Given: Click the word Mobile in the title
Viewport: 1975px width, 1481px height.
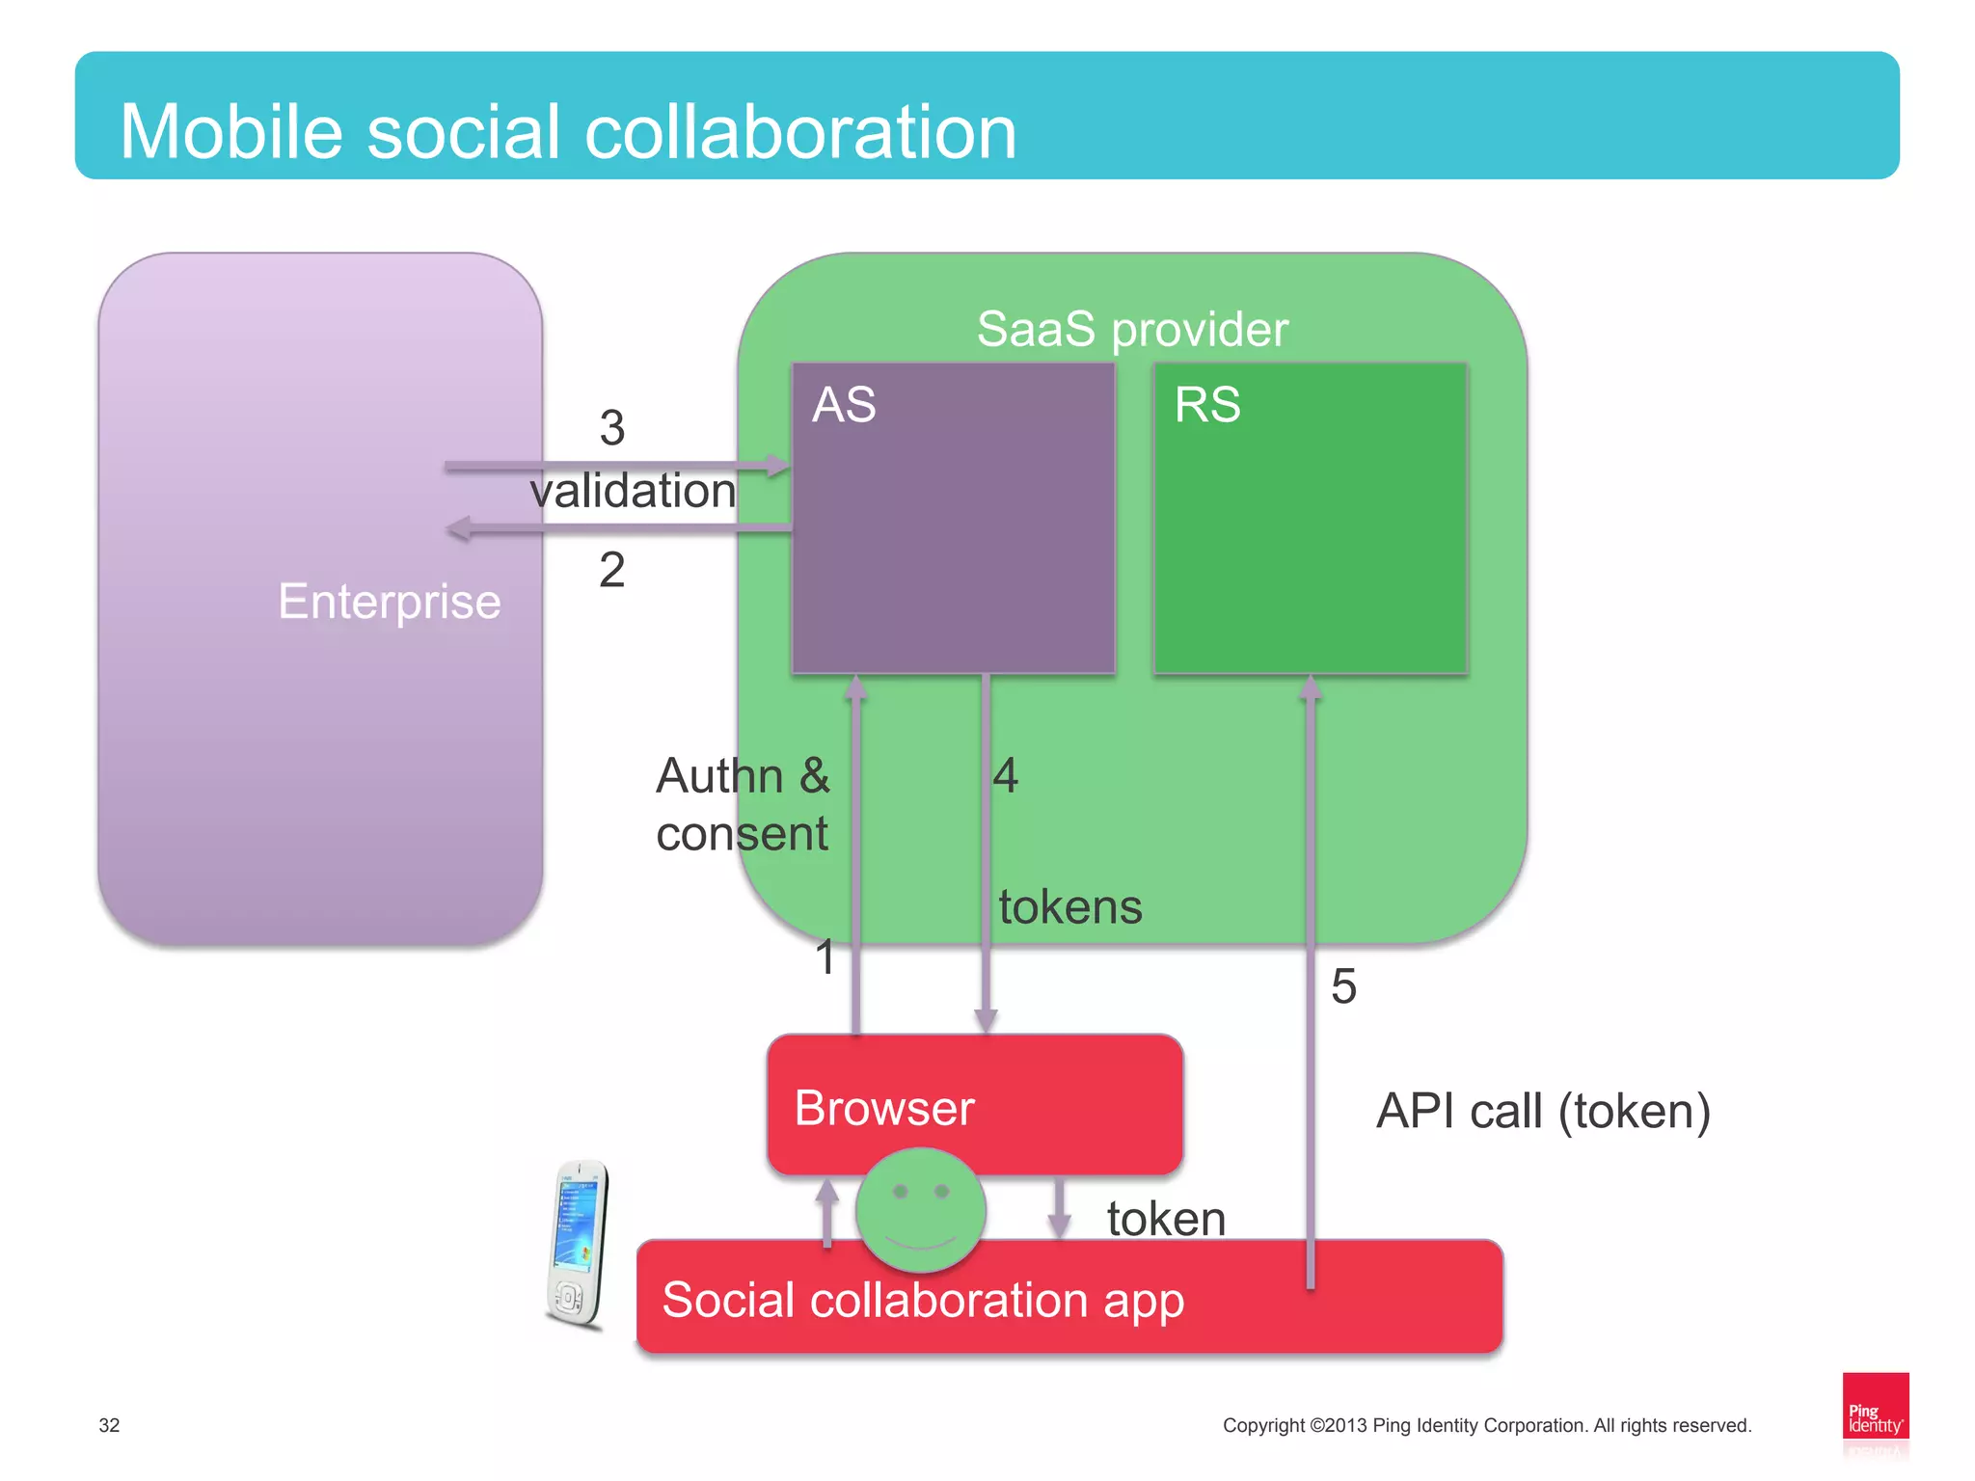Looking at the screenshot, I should coord(231,132).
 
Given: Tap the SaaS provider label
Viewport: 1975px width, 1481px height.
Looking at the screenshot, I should coord(1132,330).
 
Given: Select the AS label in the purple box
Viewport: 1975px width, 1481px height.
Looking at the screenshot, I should coord(844,405).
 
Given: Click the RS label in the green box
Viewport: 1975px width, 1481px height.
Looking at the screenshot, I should coord(1206,405).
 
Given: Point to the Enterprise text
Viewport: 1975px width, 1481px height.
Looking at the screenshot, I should coord(390,602).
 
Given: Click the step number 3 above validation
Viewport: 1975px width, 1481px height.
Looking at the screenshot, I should coord(612,428).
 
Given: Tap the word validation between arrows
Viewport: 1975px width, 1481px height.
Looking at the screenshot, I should coord(633,491).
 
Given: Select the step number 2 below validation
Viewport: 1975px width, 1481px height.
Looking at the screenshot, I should coord(612,570).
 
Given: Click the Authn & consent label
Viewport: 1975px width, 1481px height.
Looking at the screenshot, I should coord(743,804).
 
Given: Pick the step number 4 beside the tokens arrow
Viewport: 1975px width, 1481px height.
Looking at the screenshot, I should coord(1006,775).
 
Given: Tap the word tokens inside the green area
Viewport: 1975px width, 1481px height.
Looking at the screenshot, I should coord(1070,907).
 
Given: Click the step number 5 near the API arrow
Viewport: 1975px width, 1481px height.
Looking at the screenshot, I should coord(1343,986).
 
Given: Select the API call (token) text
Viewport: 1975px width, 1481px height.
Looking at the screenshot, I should coord(1543,1111).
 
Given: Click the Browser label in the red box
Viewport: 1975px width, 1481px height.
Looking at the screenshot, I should coord(884,1108).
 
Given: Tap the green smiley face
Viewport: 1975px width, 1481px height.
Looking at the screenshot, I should coord(921,1209).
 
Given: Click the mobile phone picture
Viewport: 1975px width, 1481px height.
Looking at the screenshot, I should coord(579,1244).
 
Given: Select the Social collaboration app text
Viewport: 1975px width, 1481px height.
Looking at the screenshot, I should coord(923,1300).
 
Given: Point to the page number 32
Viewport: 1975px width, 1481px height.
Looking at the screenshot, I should coord(109,1425).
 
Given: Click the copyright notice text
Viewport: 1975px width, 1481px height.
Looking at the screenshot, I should coord(1486,1425).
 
